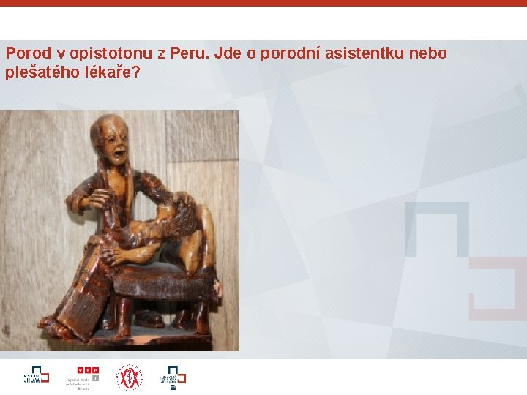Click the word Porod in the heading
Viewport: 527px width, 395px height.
coord(26,53)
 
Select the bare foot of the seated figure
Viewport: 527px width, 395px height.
coord(55,322)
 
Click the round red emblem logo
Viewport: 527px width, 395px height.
coord(129,377)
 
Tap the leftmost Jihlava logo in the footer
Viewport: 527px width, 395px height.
coord(35,376)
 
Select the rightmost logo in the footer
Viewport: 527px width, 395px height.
coord(173,377)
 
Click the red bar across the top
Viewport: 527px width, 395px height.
coord(263,3)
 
